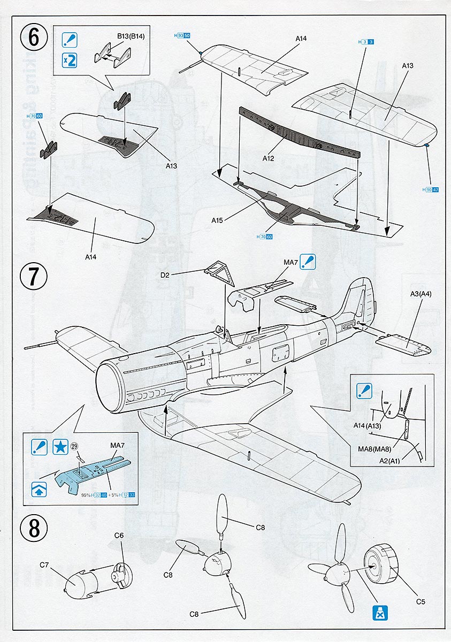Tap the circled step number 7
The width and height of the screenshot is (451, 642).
click(x=34, y=277)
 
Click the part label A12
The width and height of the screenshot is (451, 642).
click(x=269, y=158)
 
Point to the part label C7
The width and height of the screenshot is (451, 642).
click(x=45, y=564)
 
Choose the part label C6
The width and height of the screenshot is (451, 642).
click(x=119, y=535)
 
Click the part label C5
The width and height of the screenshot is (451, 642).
click(x=421, y=601)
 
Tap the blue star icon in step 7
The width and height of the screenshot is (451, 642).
click(x=59, y=446)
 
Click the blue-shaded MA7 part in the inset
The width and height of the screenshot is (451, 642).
click(x=86, y=473)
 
